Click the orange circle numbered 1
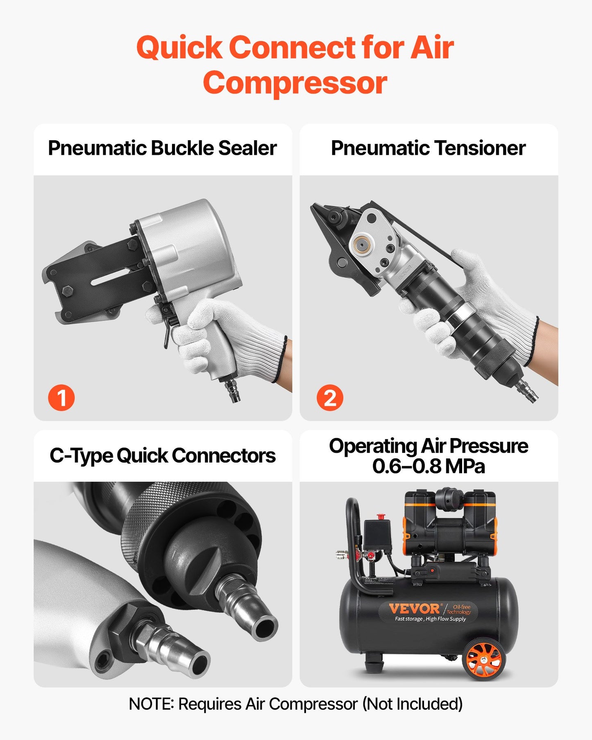point(61,397)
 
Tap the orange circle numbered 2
point(330,397)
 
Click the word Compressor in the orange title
point(295,83)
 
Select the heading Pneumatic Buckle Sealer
point(162,148)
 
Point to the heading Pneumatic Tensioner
point(428,148)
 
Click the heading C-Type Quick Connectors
point(162,456)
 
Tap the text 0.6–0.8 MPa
point(428,466)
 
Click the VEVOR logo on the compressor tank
point(414,608)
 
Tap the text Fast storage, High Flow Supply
point(430,619)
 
